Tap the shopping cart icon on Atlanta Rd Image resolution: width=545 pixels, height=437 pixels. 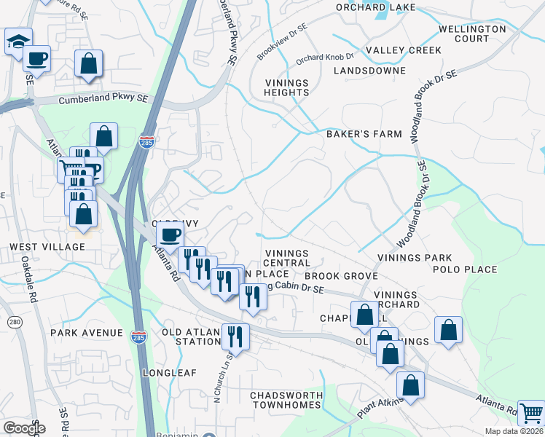(x=530, y=412)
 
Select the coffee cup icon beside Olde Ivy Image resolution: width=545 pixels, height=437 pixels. (x=170, y=235)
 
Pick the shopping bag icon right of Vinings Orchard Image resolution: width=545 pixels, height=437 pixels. (x=448, y=329)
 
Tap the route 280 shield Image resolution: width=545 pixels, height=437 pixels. (x=15, y=322)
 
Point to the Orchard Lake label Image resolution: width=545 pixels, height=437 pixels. (x=376, y=7)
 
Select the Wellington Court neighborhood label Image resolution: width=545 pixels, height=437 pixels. (x=472, y=34)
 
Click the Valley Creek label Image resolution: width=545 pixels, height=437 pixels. (x=404, y=50)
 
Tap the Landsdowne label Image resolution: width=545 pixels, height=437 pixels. (x=369, y=71)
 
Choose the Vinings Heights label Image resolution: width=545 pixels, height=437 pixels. (x=287, y=87)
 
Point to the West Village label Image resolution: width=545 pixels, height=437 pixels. (x=47, y=247)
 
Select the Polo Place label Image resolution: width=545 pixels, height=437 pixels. (x=465, y=269)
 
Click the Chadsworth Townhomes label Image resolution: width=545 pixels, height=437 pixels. (x=286, y=400)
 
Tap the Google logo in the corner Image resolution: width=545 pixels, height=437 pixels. (x=24, y=428)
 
